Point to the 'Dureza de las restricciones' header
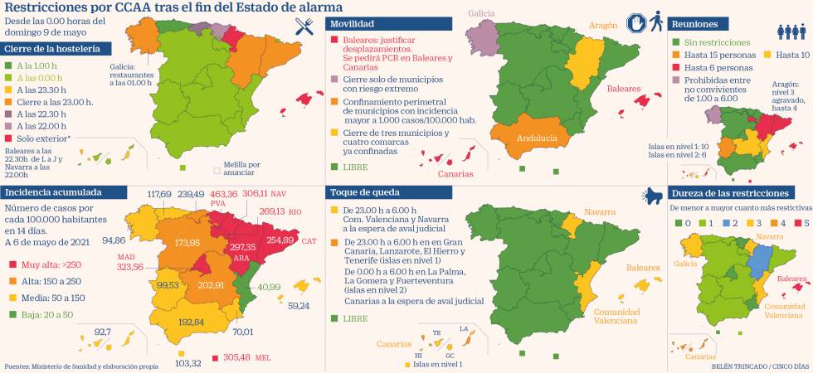pos(728,191)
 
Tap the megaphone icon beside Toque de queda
pos(650,194)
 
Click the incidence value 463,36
pos(225,193)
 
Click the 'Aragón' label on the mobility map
pos(603,26)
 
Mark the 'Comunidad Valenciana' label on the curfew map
pos(616,316)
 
